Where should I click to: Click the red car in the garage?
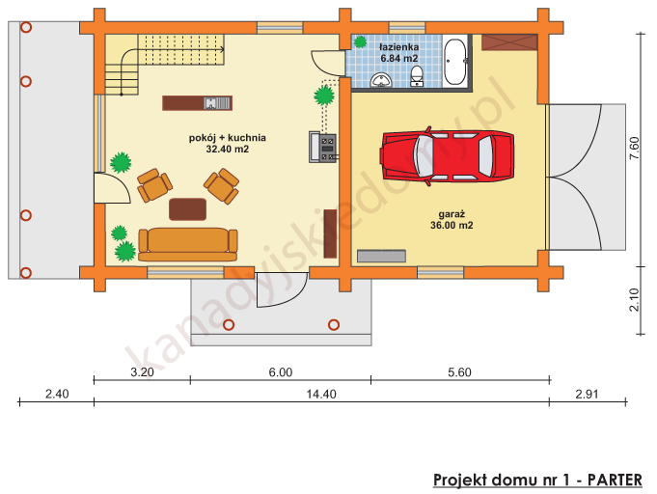449,154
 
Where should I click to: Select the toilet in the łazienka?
417,76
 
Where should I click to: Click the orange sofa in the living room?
187,243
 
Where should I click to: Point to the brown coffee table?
187,208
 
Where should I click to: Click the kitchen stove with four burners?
327,147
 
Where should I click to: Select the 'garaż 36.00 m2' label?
452,220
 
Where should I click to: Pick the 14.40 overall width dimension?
320,394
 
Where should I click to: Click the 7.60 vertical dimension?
634,148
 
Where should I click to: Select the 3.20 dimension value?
142,371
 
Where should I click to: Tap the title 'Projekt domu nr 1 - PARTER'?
537,480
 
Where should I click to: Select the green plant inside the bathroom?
360,41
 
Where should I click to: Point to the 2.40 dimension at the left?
56,394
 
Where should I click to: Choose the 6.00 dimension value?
280,371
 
